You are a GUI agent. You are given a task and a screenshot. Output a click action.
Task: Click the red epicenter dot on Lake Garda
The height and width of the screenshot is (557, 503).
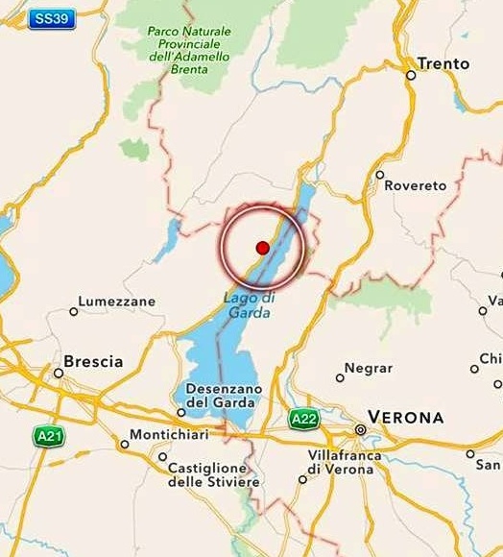point(262,248)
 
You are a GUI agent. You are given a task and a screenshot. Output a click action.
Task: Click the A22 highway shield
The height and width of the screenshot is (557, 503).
point(303,418)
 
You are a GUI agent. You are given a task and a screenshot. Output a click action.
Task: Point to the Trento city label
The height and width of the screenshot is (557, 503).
point(443,63)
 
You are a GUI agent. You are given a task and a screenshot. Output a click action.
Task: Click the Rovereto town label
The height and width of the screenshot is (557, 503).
point(416,185)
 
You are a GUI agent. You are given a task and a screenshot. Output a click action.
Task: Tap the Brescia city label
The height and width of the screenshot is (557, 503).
point(93,362)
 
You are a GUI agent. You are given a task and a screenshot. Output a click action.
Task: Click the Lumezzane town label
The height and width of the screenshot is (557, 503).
point(116,302)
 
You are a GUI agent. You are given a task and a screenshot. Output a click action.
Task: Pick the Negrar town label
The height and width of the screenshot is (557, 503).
point(368,368)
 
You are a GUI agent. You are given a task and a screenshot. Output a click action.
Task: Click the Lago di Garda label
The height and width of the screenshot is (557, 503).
point(249,304)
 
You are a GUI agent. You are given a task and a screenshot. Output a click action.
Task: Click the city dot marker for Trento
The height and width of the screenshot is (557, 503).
point(410,74)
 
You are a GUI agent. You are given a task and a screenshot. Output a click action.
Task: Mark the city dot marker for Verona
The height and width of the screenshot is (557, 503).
point(361,429)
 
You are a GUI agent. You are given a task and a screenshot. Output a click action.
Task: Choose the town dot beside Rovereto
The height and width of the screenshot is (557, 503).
point(380,175)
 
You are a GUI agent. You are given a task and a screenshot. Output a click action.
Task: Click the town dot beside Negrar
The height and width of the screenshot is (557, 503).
point(340,377)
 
